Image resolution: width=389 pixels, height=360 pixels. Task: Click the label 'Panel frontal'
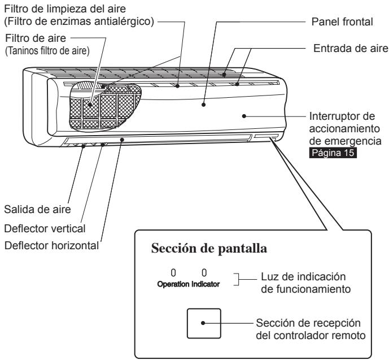pos(342,22)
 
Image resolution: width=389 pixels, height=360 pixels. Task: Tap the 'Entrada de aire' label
pos(351,48)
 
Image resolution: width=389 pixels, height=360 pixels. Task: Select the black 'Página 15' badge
pos(333,153)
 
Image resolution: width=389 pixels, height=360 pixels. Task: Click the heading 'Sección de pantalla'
pos(209,249)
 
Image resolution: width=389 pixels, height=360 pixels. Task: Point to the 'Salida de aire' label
pos(37,209)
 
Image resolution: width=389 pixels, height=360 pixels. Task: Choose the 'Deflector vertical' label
pos(45,229)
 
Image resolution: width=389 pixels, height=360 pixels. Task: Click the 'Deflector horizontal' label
pos(51,245)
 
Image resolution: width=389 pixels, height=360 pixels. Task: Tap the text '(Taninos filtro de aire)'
pos(47,51)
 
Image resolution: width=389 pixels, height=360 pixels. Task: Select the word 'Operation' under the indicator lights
pos(173,284)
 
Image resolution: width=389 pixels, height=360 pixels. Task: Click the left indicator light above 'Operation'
pos(173,273)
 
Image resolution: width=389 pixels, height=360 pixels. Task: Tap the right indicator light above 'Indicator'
pos(204,273)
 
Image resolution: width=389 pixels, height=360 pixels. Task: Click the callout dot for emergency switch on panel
pos(244,116)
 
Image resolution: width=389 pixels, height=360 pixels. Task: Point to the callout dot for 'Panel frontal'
pos(203,105)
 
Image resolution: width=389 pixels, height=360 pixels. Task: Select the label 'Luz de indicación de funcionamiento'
pos(305,283)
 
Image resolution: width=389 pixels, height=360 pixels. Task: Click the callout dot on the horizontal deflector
pos(122,140)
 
